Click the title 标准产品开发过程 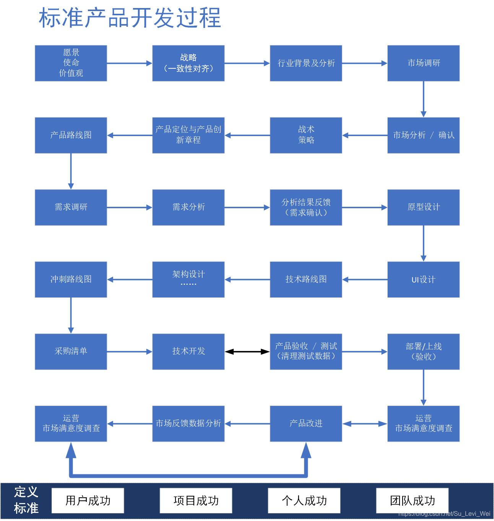coord(130,18)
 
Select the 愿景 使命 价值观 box coord(71,63)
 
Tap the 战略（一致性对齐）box coord(188,63)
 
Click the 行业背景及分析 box coord(305,63)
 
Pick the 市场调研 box coord(423,63)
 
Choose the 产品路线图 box coord(71,135)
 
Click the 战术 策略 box coord(305,135)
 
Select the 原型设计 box coord(423,207)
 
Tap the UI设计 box coord(423,279)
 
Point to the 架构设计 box coord(188,279)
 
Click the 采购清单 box coord(71,351)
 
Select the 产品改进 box coord(305,424)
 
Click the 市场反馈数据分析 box coord(188,424)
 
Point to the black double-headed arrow coord(247,351)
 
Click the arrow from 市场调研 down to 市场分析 coord(423,99)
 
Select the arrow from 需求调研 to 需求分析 coord(129,207)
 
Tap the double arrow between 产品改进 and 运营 coord(364,424)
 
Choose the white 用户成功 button coord(88,500)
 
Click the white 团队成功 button coord(412,500)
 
